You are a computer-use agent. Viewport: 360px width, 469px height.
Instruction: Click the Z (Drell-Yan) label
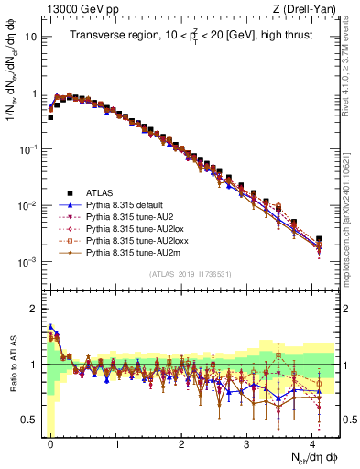(x=308, y=9)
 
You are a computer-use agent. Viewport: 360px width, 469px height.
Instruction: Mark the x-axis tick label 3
(x=246, y=443)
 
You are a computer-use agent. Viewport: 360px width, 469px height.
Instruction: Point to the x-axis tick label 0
(x=50, y=443)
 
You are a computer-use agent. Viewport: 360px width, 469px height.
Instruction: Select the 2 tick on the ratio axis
(x=32, y=310)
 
